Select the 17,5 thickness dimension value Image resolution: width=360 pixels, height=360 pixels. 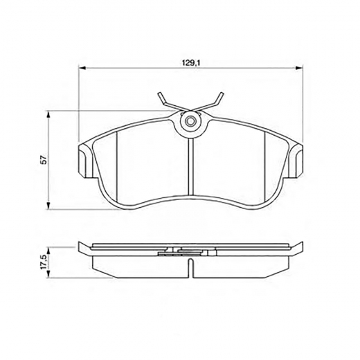click(x=44, y=261)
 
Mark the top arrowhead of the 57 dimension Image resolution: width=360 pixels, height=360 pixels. click(x=49, y=113)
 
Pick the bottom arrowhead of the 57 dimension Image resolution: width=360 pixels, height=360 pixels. click(x=49, y=208)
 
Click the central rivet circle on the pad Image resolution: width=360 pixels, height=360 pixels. click(x=190, y=123)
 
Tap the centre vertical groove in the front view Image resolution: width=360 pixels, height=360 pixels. click(x=190, y=166)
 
